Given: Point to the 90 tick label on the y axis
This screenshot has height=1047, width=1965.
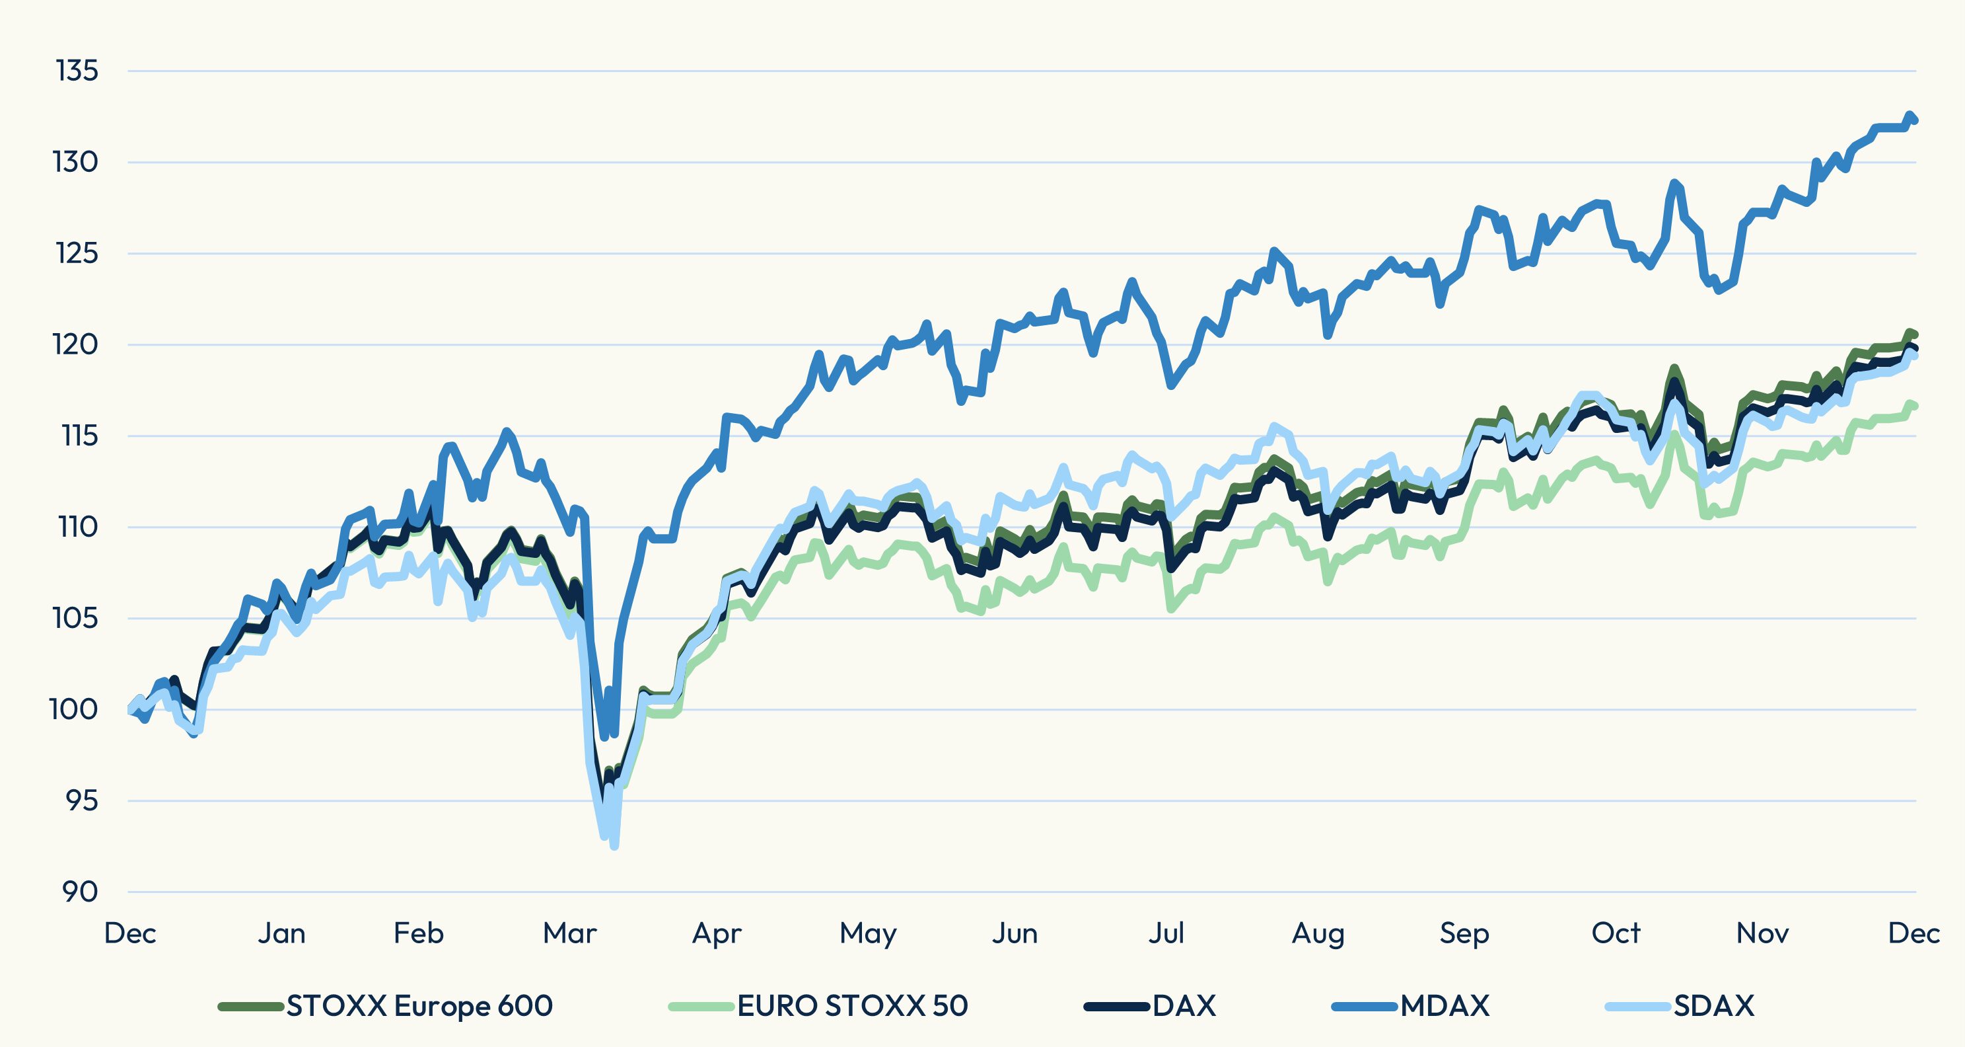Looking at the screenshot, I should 79,891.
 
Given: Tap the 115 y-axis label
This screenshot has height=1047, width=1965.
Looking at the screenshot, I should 79,436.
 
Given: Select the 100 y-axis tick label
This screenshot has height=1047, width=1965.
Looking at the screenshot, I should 74,710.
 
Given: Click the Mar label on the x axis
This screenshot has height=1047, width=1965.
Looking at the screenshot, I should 569,933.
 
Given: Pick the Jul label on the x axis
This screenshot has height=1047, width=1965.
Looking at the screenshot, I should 1166,933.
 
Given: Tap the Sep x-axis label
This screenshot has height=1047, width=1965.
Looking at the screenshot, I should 1464,933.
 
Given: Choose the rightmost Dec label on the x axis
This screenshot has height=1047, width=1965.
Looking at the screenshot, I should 1913,933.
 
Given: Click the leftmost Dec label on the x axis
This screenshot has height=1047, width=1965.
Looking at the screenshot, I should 130,933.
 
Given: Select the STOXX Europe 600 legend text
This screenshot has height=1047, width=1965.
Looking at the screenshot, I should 419,1006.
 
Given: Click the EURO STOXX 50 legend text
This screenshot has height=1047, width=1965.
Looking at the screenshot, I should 852,1006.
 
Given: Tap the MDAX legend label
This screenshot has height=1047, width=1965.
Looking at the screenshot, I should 1445,1006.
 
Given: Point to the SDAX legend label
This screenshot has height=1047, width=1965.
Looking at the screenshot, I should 1714,1006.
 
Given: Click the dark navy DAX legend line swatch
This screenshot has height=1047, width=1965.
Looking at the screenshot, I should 1116,1007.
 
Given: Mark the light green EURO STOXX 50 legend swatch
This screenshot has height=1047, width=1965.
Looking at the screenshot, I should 701,1007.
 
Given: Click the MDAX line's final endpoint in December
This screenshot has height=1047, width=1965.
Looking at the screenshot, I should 1915,120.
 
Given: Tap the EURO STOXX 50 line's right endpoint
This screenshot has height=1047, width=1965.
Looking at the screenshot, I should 1915,406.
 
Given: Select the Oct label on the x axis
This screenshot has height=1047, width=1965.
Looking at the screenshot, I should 1615,933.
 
